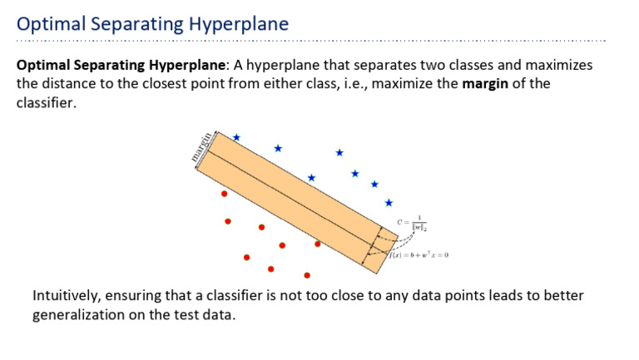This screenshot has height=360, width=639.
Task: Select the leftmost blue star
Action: [236, 137]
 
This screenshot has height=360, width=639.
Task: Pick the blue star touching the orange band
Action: [311, 178]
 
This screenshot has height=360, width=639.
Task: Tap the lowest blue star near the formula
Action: [389, 202]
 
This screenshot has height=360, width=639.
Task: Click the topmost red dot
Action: [224, 194]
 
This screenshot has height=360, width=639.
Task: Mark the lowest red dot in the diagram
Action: [307, 275]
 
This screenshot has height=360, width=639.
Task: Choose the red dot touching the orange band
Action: [317, 244]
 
